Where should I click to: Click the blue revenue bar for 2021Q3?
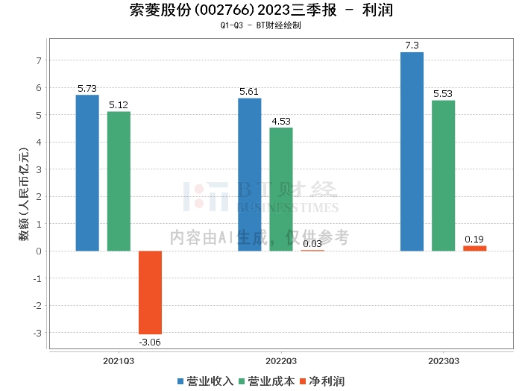pyautogui.click(x=87, y=172)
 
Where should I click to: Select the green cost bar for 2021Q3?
pyautogui.click(x=119, y=181)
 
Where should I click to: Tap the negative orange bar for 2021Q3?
pyautogui.click(x=150, y=292)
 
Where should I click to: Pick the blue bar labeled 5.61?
pyautogui.click(x=250, y=174)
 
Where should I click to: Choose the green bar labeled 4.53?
pyautogui.click(x=281, y=189)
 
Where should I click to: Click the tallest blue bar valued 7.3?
pyautogui.click(x=412, y=151)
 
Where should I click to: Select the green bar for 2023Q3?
pyautogui.click(x=443, y=175)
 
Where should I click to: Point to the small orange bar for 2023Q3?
pyautogui.click(x=474, y=248)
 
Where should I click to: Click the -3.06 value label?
pyautogui.click(x=150, y=342)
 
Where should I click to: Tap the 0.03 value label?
pyautogui.click(x=312, y=243)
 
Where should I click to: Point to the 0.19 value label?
pyautogui.click(x=474, y=239)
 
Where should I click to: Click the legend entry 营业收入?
pyautogui.click(x=205, y=381)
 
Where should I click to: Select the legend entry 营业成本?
pyautogui.click(x=266, y=381)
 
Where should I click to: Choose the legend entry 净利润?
pyautogui.click(x=321, y=381)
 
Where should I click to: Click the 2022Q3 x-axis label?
pyautogui.click(x=281, y=360)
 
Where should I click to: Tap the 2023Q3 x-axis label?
pyautogui.click(x=443, y=360)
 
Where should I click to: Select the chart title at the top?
pyautogui.click(x=260, y=10)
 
